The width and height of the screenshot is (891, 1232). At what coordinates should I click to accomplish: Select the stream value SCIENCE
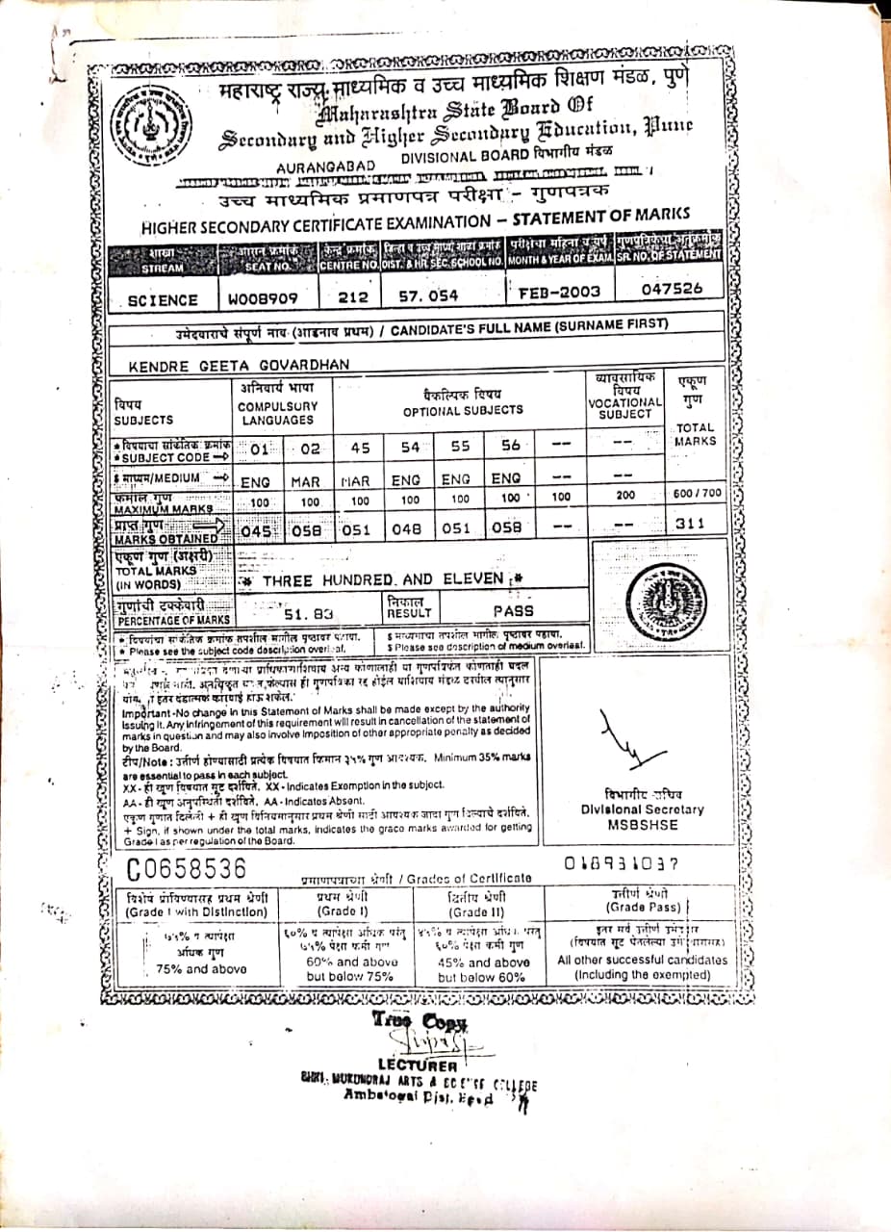point(163,300)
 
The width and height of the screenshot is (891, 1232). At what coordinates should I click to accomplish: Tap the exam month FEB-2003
point(559,292)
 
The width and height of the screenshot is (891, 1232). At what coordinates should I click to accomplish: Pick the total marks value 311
point(689,524)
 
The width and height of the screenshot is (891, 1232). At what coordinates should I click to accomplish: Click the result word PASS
point(513,610)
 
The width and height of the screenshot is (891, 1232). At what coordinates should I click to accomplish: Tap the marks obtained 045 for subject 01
point(258,527)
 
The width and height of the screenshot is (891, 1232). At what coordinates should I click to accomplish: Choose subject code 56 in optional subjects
point(510,447)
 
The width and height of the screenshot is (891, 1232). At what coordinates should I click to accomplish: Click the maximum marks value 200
point(625,496)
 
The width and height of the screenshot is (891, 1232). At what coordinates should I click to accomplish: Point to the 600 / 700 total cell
point(697,494)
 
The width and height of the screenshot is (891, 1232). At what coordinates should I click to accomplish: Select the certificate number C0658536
point(188,868)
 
